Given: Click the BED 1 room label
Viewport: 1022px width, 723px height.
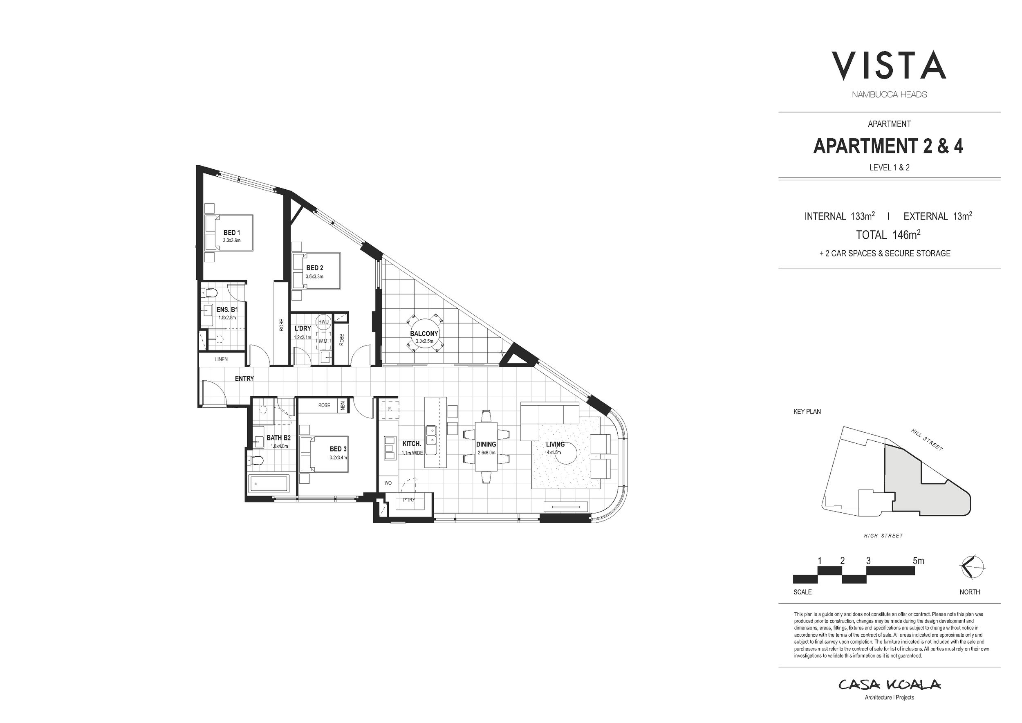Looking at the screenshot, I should point(231,232).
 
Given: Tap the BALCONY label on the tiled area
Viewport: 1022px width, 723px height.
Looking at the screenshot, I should point(424,333).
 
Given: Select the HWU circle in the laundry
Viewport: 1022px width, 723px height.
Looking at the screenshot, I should point(323,322).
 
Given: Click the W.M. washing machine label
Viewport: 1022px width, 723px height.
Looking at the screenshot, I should point(323,341).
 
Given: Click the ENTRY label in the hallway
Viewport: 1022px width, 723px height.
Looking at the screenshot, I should point(244,378).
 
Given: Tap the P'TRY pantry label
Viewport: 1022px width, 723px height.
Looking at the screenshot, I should point(409,500).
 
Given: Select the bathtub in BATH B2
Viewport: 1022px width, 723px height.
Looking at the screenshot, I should point(269,483).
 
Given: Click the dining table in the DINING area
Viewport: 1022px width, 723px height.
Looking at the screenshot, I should point(486,446).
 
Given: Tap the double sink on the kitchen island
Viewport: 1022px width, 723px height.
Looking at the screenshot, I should point(430,435).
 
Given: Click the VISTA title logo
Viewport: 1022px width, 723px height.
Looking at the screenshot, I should point(888,66).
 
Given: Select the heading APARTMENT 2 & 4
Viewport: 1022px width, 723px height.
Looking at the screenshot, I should point(888,146).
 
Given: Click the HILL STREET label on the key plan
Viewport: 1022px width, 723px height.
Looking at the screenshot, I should point(927,440).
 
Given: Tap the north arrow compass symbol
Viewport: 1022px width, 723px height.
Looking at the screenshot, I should point(972,567).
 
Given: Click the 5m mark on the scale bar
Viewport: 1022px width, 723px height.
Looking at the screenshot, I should point(918,561).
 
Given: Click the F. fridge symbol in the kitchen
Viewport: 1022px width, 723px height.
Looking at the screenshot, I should point(390,409).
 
